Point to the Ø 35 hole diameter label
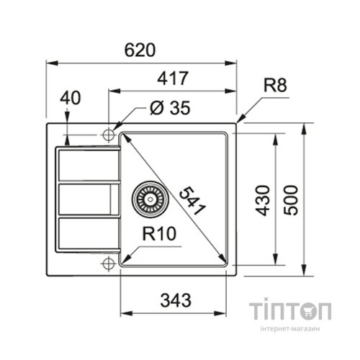coord(170,109)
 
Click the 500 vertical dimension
coord(290,200)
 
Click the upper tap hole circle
coord(109,134)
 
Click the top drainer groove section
coord(85,165)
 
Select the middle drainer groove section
coord(85,198)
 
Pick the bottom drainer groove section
coord(85,232)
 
